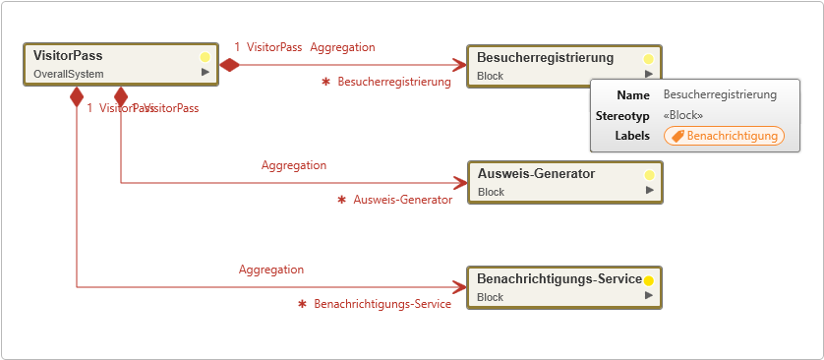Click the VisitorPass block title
point(68,56)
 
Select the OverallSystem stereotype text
point(68,74)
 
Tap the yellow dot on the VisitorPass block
point(206,57)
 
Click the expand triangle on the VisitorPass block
point(206,72)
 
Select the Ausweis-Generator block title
point(536,174)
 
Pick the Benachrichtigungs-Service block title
point(559,279)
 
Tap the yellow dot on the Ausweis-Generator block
point(649,175)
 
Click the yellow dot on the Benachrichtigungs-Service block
point(649,280)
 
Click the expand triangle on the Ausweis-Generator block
point(649,190)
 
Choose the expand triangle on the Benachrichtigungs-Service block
point(649,295)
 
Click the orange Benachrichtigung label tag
point(724,136)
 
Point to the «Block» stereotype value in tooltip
point(683,115)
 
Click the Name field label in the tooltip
point(633,95)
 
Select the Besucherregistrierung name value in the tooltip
point(720,95)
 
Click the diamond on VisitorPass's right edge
point(229,65)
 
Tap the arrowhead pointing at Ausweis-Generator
point(459,183)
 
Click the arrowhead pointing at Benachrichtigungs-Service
point(459,288)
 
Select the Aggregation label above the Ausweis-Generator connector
point(294,165)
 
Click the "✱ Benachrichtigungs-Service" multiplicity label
point(375,305)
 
